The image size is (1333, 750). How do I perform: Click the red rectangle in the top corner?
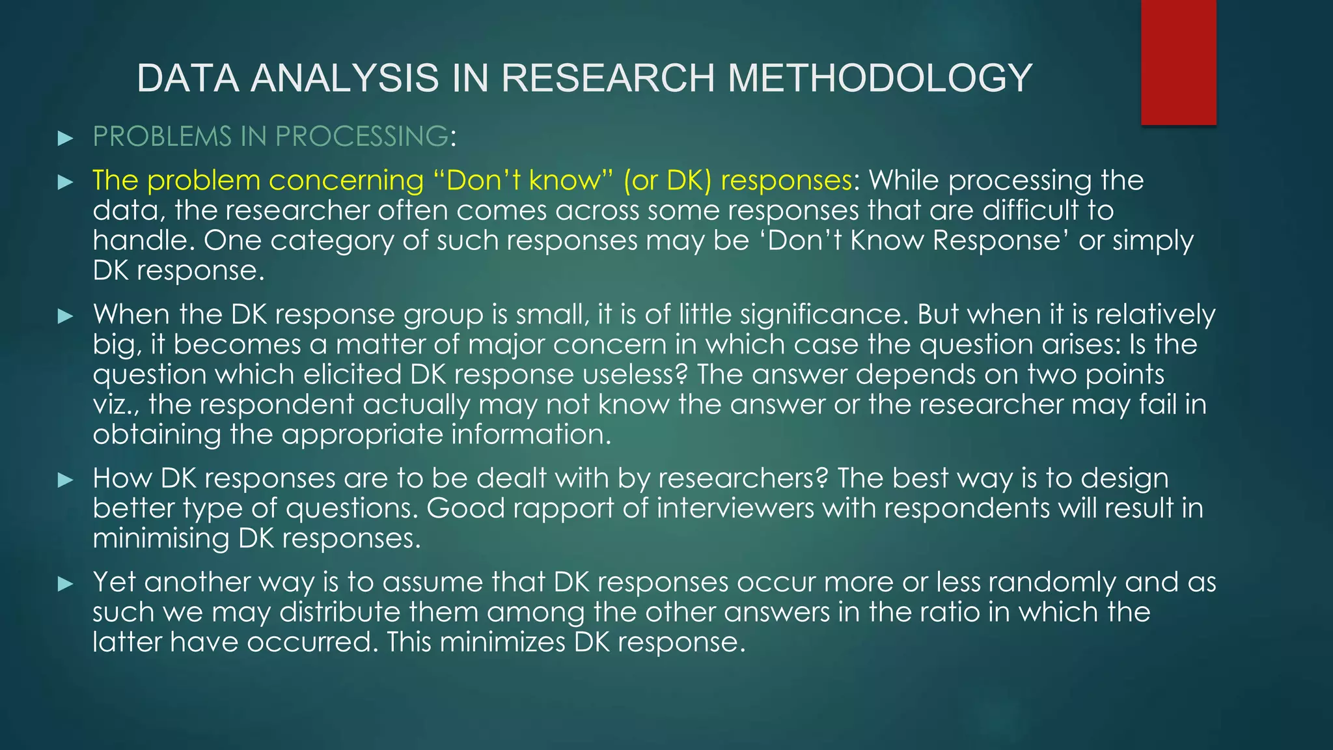(1178, 62)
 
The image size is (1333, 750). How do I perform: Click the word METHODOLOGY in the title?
(879, 78)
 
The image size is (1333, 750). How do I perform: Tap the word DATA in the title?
(188, 78)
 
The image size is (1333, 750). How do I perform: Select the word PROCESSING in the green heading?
(361, 136)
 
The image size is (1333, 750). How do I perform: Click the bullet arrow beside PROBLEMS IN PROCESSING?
(65, 138)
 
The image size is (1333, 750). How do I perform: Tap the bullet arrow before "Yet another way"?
(65, 584)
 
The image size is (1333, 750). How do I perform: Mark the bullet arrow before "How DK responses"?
(65, 480)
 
